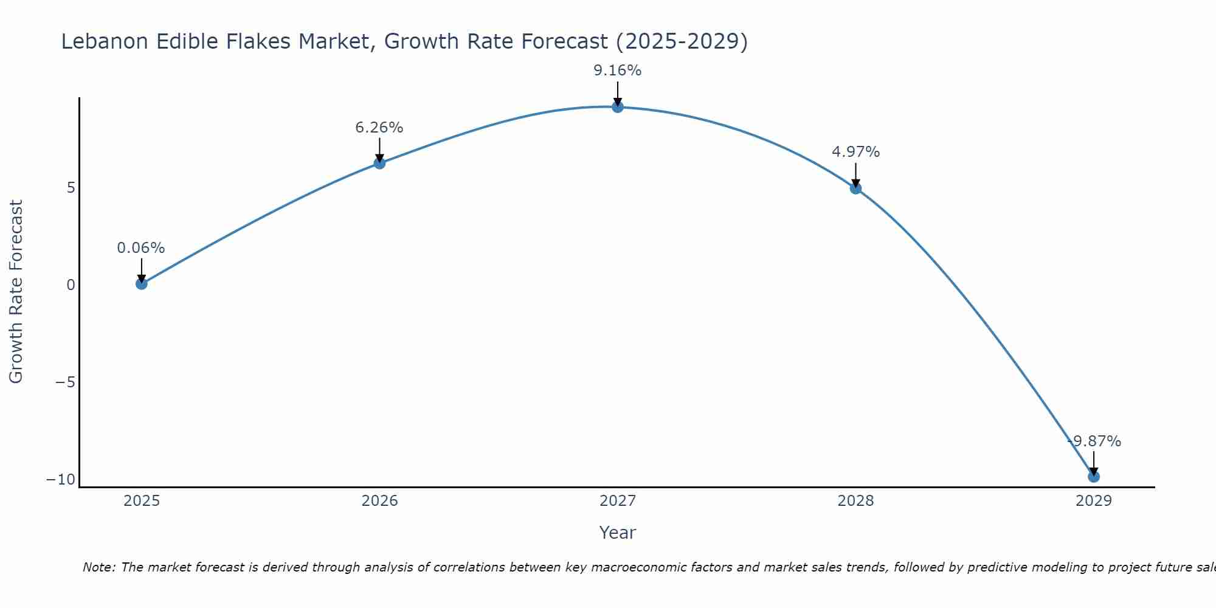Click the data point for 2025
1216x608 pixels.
click(x=142, y=283)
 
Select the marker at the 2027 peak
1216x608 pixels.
click(x=618, y=107)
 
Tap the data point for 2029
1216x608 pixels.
click(x=1094, y=477)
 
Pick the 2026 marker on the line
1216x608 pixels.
click(x=379, y=163)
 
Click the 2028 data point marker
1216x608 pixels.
click(x=855, y=188)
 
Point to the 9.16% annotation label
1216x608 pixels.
click(x=618, y=71)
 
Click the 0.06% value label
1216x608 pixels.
click(x=141, y=248)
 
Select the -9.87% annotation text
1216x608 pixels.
click(x=1094, y=441)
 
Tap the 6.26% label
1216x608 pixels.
click(x=379, y=128)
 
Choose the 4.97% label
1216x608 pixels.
click(x=855, y=152)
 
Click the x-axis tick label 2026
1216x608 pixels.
click(x=379, y=501)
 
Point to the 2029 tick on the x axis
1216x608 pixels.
click(x=1094, y=501)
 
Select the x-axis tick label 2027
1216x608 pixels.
click(x=618, y=501)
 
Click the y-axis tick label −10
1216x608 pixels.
click(x=61, y=480)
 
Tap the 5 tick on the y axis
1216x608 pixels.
click(x=71, y=187)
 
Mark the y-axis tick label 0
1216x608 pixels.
click(x=71, y=285)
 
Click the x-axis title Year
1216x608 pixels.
click(x=618, y=533)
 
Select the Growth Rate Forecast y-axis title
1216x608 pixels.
click(x=16, y=292)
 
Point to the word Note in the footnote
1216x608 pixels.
click(x=98, y=567)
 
